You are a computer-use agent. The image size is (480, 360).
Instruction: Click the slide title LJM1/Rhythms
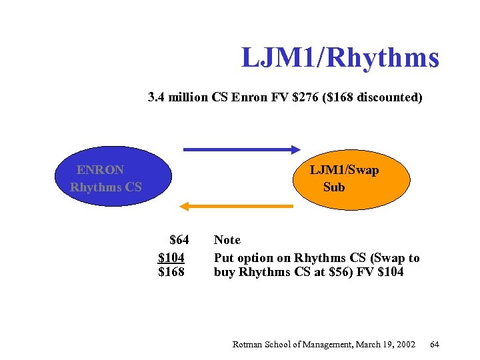coord(340,58)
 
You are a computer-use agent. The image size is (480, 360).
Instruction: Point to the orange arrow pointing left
coord(237,206)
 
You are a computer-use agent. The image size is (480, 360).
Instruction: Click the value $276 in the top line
coord(307,98)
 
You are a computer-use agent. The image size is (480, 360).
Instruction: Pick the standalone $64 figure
coord(179,240)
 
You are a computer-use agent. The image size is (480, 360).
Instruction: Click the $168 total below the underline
coord(171,272)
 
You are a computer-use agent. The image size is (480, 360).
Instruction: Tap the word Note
coord(227,240)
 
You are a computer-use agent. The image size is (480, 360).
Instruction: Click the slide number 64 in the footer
coord(435,344)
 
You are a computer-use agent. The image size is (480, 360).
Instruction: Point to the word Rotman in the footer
coord(247,344)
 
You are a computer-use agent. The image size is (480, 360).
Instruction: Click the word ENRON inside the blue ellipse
coord(100,170)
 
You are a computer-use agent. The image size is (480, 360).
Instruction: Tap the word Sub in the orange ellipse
coord(334,187)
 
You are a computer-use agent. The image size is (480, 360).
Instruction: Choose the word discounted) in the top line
coord(389,98)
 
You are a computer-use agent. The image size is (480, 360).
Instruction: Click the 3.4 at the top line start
coord(157,98)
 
